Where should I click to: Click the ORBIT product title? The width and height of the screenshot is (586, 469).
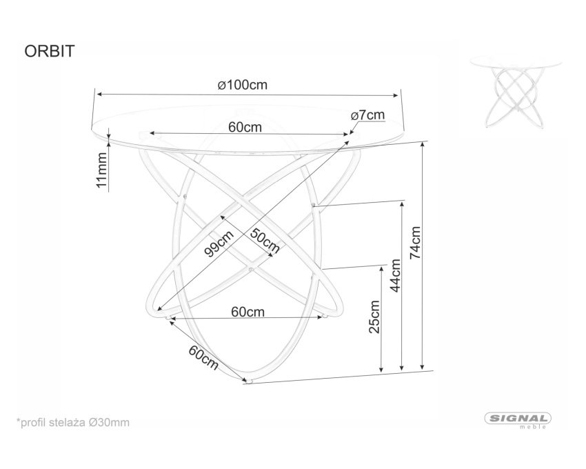pos(50,51)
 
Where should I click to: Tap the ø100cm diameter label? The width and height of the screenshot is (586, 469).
pos(243,85)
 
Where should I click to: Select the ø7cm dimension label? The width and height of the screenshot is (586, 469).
pos(367,115)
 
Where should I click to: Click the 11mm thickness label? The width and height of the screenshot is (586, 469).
pos(101,170)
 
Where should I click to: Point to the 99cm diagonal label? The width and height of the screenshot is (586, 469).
pos(219,243)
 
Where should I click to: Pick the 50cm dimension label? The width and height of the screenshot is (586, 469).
pos(265,241)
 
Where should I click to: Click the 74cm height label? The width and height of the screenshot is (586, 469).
pos(415,243)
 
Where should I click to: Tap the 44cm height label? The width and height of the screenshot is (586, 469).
pos(395,276)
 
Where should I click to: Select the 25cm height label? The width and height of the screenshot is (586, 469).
pos(374,317)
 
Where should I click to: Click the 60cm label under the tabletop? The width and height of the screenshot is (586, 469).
pos(245,127)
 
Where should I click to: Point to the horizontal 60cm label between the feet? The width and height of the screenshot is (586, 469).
pos(247,312)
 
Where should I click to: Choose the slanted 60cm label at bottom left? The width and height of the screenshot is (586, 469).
pos(203,357)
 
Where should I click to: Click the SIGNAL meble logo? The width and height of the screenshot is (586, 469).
pos(518,421)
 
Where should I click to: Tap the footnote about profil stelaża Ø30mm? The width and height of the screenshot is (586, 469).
pos(73,423)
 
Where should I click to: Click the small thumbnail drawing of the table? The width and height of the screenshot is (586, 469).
pos(516,92)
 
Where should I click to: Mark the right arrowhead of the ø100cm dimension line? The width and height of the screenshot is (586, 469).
pos(396,95)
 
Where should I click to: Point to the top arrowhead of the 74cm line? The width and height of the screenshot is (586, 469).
pos(423,146)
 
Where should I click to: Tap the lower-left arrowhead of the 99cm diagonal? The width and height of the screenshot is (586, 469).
pos(159,308)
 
